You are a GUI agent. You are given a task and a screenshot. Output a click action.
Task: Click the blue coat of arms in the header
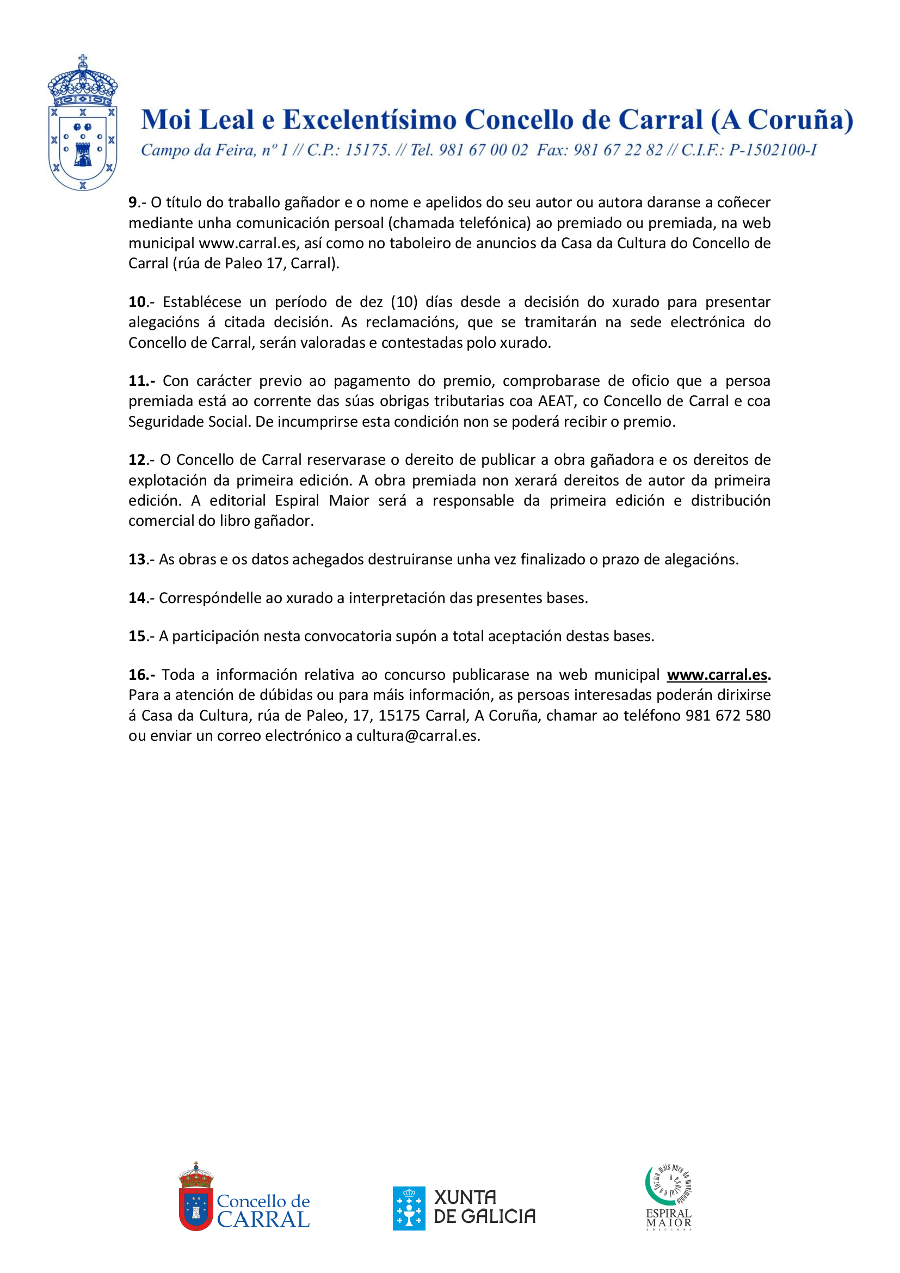[x=83, y=124]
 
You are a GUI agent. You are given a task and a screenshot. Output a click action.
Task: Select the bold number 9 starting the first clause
[x=132, y=202]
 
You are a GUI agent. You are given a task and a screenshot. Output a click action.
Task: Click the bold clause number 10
[x=137, y=302]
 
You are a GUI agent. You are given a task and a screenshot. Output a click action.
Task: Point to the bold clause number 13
[x=137, y=559]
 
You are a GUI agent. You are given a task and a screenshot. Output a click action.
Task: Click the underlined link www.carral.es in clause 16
[x=717, y=675]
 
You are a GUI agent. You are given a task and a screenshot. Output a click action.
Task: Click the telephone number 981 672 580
[x=728, y=715]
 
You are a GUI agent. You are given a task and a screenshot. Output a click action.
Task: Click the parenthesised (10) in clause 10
[x=404, y=302]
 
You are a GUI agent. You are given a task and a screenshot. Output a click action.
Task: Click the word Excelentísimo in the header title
[x=369, y=120]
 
